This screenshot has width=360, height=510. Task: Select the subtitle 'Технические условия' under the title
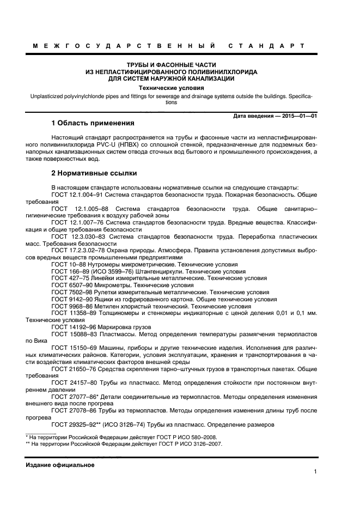coord(171,87)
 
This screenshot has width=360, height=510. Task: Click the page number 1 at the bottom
coord(315,472)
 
